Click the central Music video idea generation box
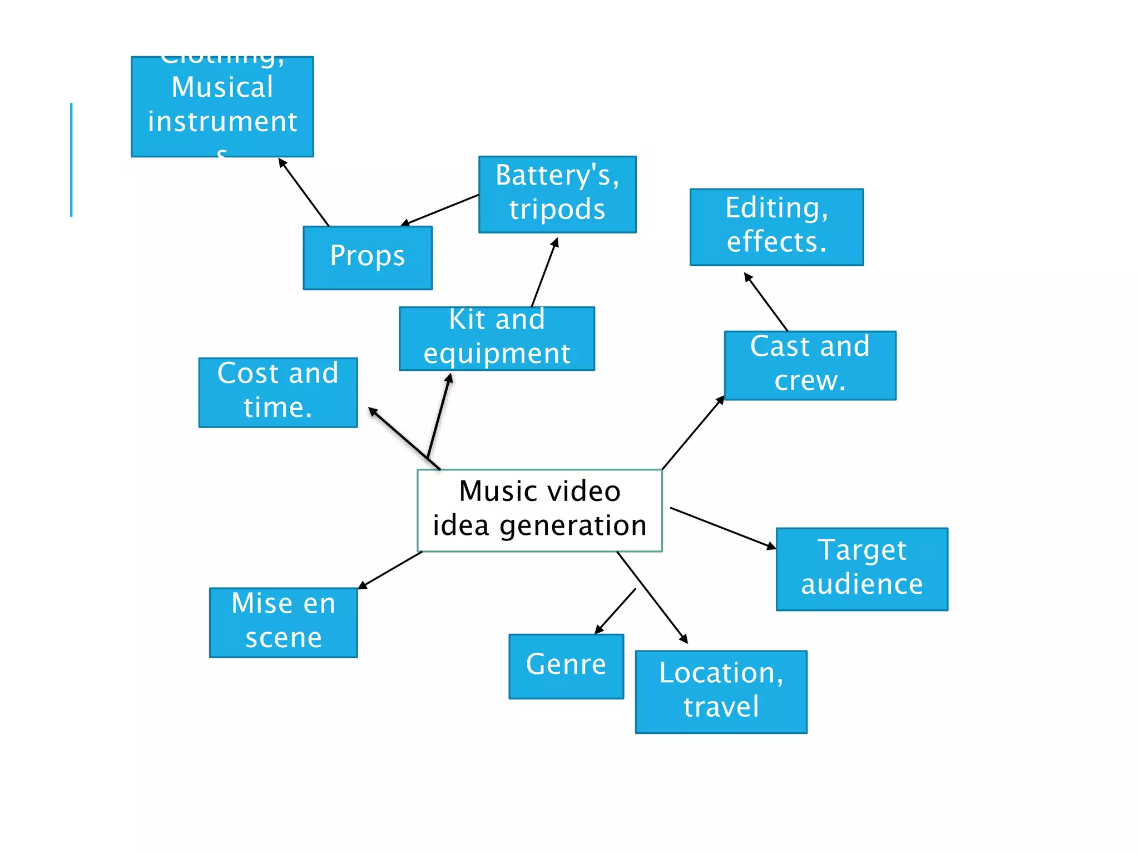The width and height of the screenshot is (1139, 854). click(539, 510)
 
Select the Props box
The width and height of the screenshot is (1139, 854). click(367, 257)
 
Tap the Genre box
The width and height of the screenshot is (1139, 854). click(566, 666)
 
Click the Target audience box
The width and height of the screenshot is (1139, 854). click(861, 568)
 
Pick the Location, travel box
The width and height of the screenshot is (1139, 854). click(721, 691)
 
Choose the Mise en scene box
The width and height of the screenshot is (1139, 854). click(283, 622)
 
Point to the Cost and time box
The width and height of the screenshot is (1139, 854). click(278, 392)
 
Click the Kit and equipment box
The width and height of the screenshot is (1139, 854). click(497, 338)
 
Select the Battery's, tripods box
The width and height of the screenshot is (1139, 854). click(557, 194)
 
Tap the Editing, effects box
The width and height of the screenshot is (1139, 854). click(776, 227)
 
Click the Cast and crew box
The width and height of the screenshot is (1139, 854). click(810, 365)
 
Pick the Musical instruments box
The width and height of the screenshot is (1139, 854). click(222, 106)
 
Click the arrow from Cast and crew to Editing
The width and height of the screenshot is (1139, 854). click(766, 302)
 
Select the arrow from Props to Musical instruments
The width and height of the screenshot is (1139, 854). click(304, 192)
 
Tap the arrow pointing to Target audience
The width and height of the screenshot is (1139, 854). click(723, 528)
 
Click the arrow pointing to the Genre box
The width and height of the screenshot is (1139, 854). click(616, 611)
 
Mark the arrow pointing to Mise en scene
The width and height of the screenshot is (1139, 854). click(390, 570)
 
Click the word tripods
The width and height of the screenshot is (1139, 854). click(557, 210)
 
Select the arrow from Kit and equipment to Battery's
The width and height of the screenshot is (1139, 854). click(544, 272)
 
